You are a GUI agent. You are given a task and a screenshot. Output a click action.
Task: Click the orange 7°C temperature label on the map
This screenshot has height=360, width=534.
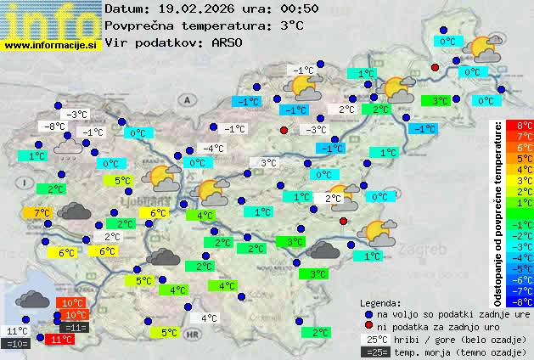point(42,213)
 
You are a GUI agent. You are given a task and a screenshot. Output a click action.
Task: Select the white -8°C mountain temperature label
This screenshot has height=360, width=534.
point(55,127)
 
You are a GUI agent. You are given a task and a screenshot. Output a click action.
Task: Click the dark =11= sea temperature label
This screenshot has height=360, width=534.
point(75,327)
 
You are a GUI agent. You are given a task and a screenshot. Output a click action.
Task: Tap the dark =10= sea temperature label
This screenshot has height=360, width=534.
point(16,343)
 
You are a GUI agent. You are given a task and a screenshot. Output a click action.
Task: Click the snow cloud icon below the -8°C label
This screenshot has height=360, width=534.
point(69,148)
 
